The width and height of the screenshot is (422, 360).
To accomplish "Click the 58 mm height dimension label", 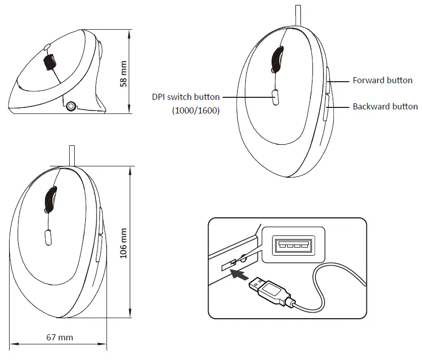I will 123,74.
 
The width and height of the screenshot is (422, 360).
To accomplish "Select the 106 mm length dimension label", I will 124,244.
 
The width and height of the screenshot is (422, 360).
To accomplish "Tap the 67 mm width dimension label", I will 60,337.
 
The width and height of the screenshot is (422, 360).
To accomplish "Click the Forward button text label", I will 382,80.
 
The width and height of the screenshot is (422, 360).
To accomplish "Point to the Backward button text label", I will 385,106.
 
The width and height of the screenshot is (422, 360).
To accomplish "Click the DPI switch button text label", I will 186,97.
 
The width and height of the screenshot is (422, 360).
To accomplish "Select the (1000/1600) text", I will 196,110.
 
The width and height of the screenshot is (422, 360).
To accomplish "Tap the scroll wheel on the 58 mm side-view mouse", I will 49,62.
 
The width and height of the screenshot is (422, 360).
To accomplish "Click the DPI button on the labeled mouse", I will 276,96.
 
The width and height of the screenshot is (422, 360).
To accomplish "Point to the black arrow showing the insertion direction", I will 239,275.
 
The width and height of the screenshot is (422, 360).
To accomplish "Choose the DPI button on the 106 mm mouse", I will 48,237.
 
